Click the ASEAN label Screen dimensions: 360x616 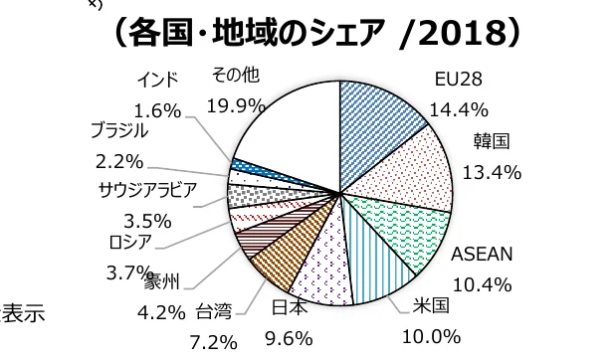[x=482, y=256]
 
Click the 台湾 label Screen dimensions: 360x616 [x=214, y=312]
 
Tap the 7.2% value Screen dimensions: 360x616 [x=214, y=341]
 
